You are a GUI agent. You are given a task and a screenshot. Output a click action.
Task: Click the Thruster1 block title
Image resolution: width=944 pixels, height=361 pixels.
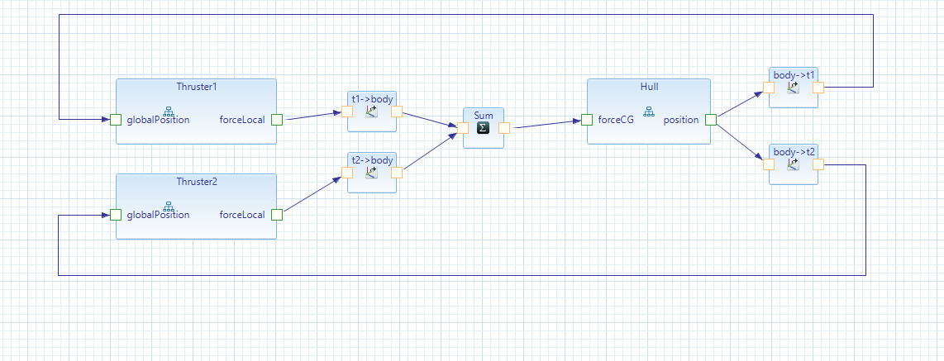point(196,87)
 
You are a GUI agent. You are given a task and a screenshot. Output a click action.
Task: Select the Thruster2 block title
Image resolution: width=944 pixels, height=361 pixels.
point(196,182)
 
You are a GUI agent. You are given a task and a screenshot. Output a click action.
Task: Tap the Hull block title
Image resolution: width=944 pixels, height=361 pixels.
point(649,87)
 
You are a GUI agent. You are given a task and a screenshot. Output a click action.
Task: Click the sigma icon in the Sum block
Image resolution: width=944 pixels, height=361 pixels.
point(484,128)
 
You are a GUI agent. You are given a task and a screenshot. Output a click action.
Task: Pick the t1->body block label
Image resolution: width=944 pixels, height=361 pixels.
point(372,99)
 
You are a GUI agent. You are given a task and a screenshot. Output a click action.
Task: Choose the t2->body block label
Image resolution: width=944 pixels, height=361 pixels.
point(372,159)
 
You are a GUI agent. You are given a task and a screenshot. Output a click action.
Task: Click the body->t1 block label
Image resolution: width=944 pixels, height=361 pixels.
point(794,75)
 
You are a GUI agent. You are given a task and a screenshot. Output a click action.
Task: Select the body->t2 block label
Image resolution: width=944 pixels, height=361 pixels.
point(794,151)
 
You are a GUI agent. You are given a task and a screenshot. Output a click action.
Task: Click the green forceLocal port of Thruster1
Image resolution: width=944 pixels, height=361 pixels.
point(277,120)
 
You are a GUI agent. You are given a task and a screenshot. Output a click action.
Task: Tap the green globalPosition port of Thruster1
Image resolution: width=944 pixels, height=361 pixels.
point(116,120)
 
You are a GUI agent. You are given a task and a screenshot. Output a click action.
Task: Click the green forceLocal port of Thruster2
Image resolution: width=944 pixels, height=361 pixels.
point(277,215)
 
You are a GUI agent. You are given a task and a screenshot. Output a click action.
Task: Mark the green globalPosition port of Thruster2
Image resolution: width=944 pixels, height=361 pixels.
point(116,215)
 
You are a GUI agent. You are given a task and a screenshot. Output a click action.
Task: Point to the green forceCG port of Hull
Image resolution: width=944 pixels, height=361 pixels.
point(587,120)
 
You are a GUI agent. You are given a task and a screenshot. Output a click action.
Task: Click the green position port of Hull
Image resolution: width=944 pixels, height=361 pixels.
point(711,120)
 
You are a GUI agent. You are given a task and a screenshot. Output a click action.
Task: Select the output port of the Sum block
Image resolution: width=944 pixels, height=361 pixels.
point(504,128)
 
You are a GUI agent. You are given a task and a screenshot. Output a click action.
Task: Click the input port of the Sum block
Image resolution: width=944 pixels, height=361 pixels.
point(463,128)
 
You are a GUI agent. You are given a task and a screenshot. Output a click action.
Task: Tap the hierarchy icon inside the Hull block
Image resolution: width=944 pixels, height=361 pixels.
point(649,112)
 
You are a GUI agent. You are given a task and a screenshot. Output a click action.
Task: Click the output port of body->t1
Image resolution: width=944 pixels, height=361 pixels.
point(818,88)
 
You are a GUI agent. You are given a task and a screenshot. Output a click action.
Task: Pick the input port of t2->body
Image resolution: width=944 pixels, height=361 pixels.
point(347,173)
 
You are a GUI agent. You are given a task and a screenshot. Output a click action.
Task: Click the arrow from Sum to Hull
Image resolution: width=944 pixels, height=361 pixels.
point(546,125)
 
